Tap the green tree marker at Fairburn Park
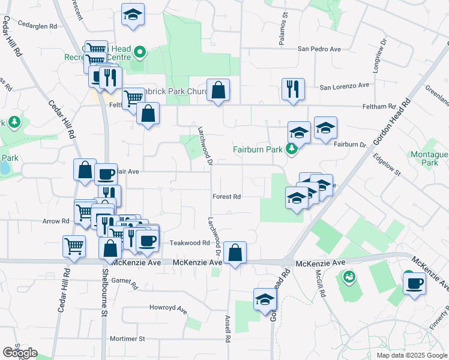pos(292,149)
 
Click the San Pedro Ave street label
pos(320,49)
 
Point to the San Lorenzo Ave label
pos(344,86)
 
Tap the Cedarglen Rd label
pos(37,26)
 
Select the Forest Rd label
pos(226,196)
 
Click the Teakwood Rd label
pos(188,243)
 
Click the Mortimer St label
pos(127,338)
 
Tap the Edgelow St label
pos(386,164)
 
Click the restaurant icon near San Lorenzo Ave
pos(294,89)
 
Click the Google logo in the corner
pos(20,353)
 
